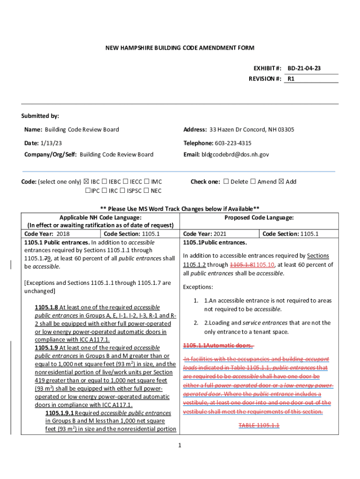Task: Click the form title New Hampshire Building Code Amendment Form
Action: coord(180,48)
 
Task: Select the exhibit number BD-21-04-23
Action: coord(304,69)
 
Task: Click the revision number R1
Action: coord(291,79)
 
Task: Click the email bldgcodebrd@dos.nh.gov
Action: coord(235,154)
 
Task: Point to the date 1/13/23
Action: coord(51,143)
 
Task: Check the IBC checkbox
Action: coord(86,182)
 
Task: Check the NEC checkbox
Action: coord(146,191)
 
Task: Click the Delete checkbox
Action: coord(226,182)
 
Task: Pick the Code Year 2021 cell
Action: coord(221,233)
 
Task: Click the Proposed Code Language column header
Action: coord(259,218)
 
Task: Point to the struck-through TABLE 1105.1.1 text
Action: coord(259,425)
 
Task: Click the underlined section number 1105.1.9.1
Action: coord(59,414)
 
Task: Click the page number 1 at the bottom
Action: coord(180,444)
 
